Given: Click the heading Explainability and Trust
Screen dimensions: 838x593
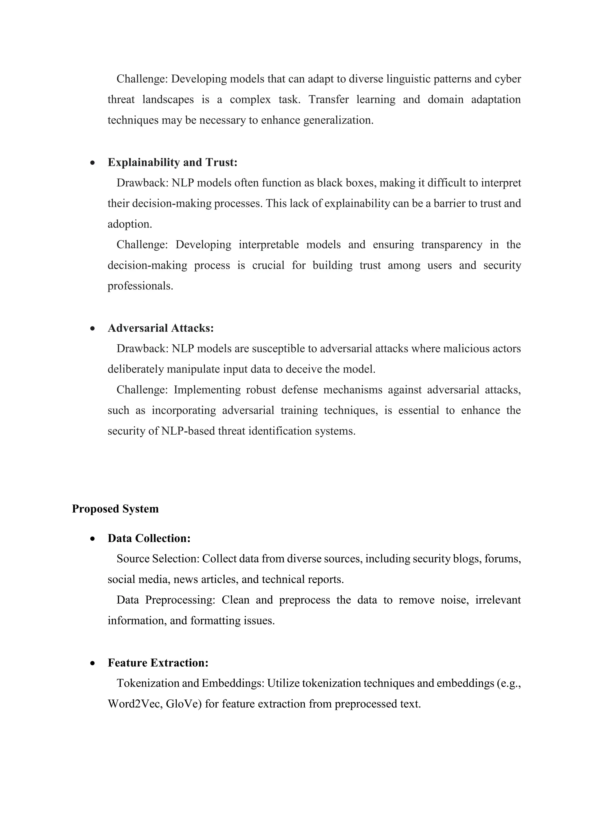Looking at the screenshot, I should tap(172, 162).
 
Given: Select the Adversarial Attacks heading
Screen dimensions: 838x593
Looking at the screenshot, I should tap(161, 328).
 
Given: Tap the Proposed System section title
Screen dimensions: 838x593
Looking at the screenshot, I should tap(116, 509).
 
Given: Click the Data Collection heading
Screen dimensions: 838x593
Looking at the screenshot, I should tap(149, 538).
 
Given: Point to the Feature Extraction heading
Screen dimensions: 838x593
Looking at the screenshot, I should tap(158, 663).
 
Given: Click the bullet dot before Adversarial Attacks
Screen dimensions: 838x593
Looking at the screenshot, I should tap(93, 329).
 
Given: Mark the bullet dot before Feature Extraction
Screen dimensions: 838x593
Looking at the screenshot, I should tap(93, 664).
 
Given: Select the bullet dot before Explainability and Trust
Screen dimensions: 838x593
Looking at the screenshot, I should tap(93, 163).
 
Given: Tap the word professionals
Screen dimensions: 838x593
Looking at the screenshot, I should tap(140, 286).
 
